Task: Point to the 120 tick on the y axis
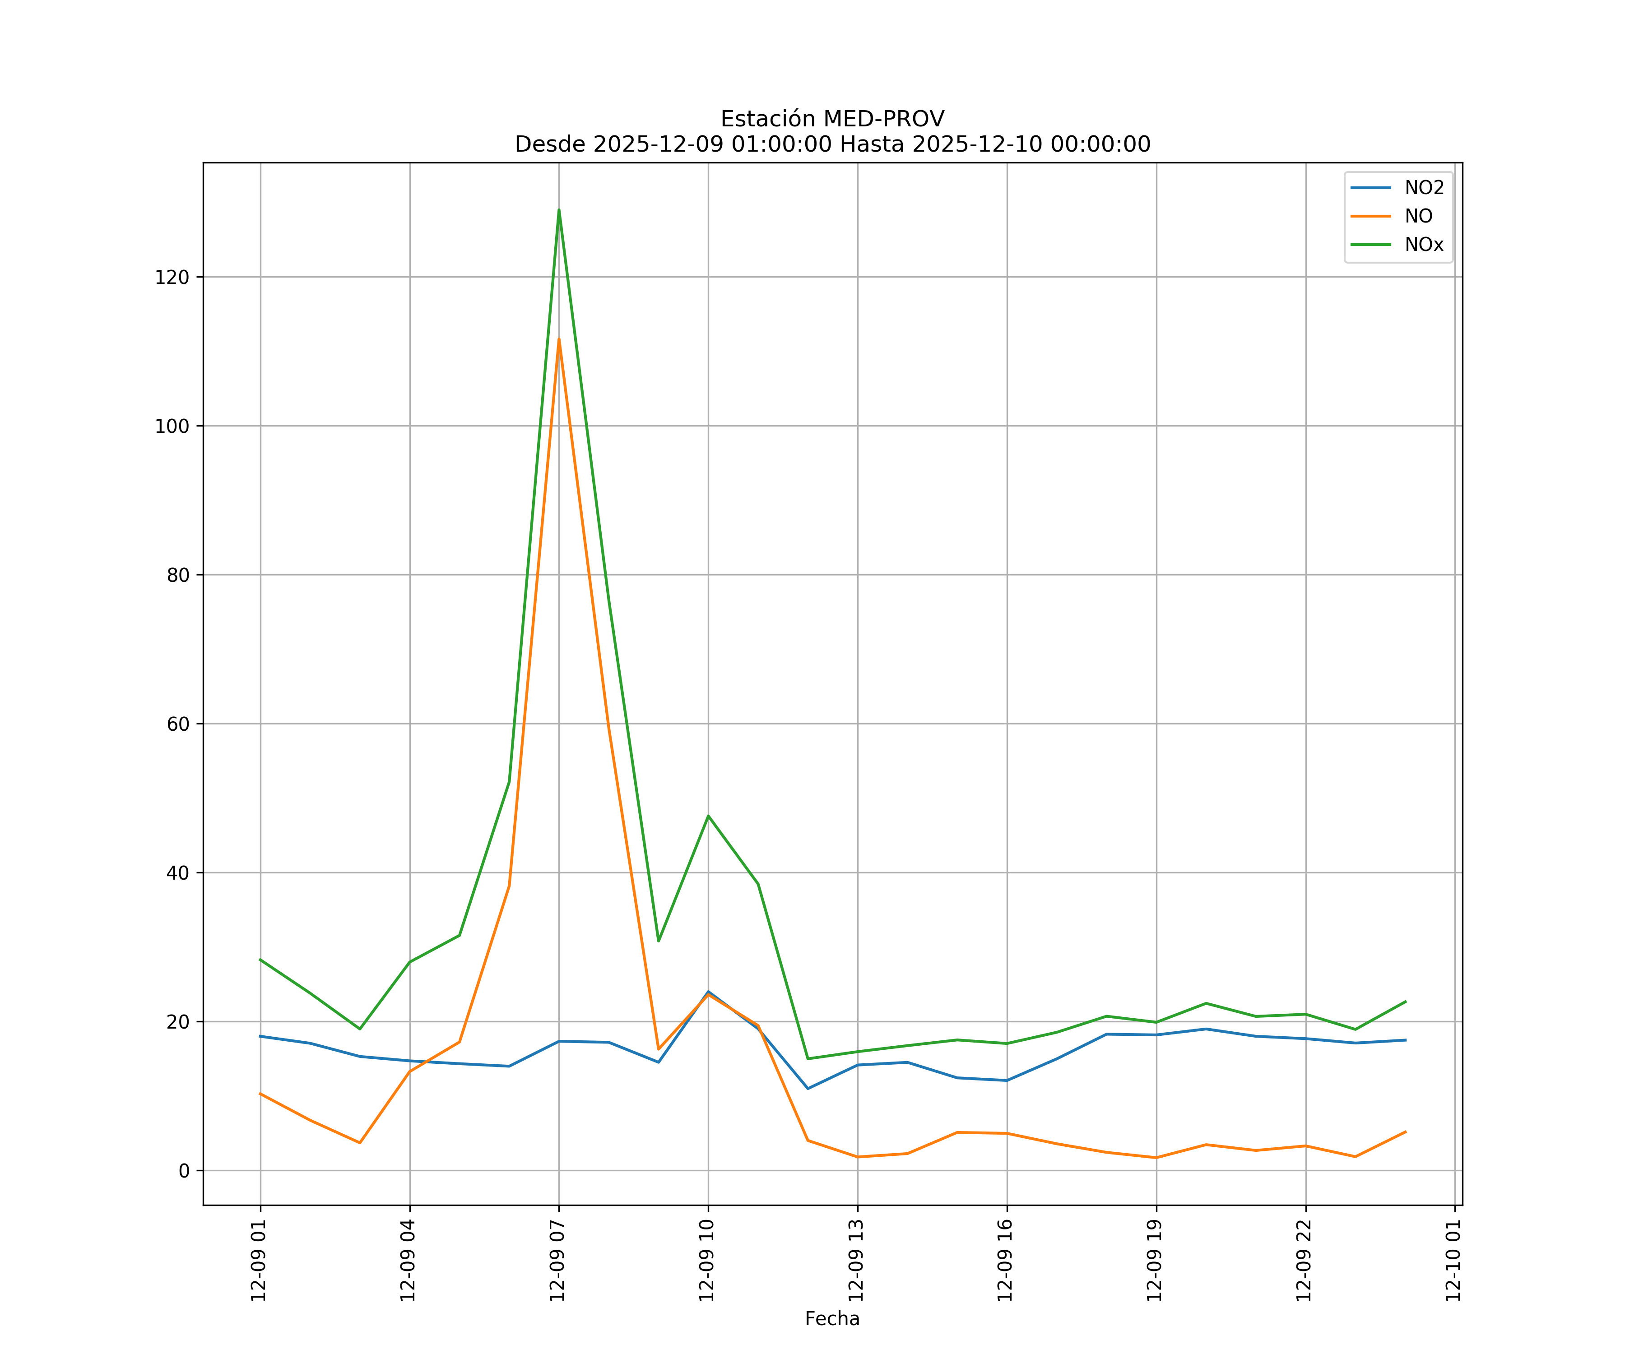point(172,277)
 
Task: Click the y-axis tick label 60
point(178,724)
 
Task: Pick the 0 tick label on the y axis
point(184,1171)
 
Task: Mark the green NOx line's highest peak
point(559,210)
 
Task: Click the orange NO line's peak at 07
point(559,339)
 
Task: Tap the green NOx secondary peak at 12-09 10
point(708,816)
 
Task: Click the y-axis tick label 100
point(172,427)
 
